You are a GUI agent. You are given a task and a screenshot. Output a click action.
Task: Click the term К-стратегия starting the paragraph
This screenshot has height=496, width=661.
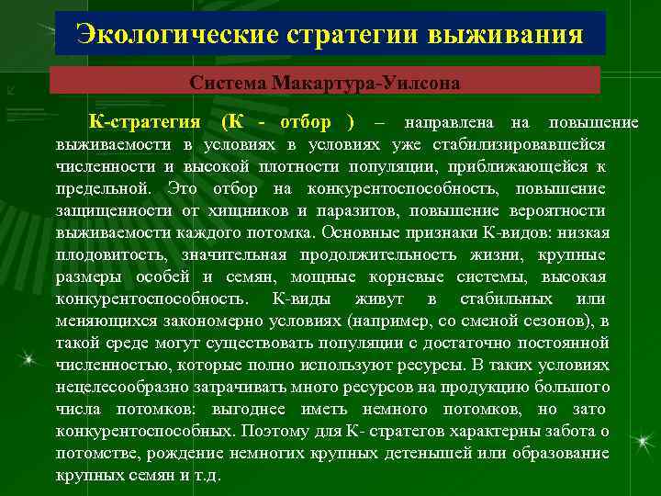[x=145, y=122]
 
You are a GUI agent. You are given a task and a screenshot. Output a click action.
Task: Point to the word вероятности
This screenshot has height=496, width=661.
[x=563, y=210]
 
